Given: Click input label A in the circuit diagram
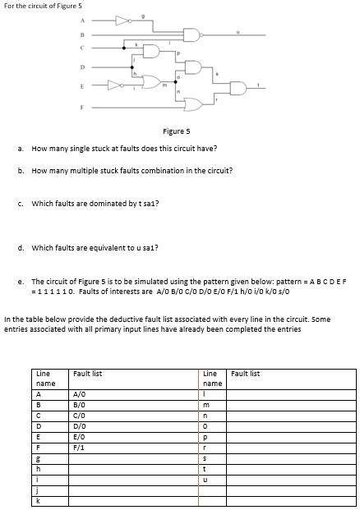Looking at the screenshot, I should (81, 18).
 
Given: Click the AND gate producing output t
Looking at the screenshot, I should (238, 89).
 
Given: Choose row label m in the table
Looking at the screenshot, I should (207, 404).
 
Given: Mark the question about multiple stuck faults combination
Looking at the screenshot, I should (132, 171).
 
